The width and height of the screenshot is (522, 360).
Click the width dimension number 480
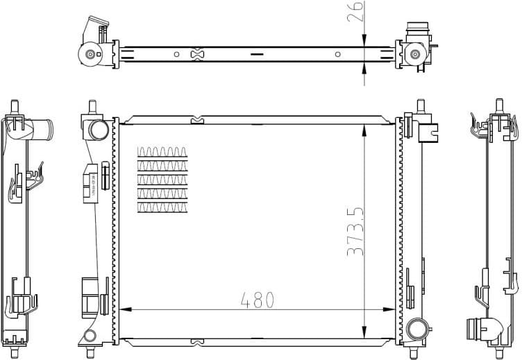pyautogui.click(x=257, y=300)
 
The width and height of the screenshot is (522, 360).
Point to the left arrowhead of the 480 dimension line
pyautogui.click(x=124, y=309)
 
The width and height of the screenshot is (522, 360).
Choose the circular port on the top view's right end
pyautogui.click(x=415, y=54)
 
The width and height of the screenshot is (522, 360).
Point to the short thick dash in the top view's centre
pyautogui.click(x=257, y=54)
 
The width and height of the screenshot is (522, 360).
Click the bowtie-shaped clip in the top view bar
pyautogui.click(x=197, y=54)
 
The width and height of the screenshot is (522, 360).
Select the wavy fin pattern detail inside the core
pyautogui.click(x=163, y=179)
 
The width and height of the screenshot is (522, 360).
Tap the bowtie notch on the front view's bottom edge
pyautogui.click(x=197, y=341)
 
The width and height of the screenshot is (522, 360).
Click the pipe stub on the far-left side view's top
pyautogui.click(x=44, y=129)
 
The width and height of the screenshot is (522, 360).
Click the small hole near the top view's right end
pyautogui.click(x=337, y=54)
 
